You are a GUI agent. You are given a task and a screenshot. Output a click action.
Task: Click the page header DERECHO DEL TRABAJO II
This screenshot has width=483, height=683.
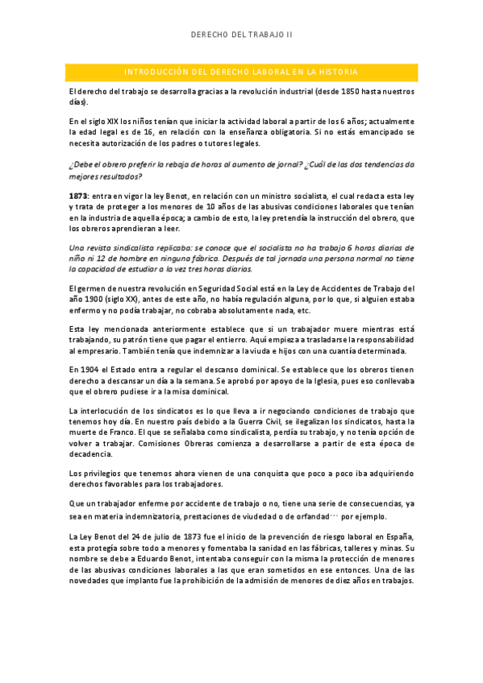(x=242, y=35)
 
